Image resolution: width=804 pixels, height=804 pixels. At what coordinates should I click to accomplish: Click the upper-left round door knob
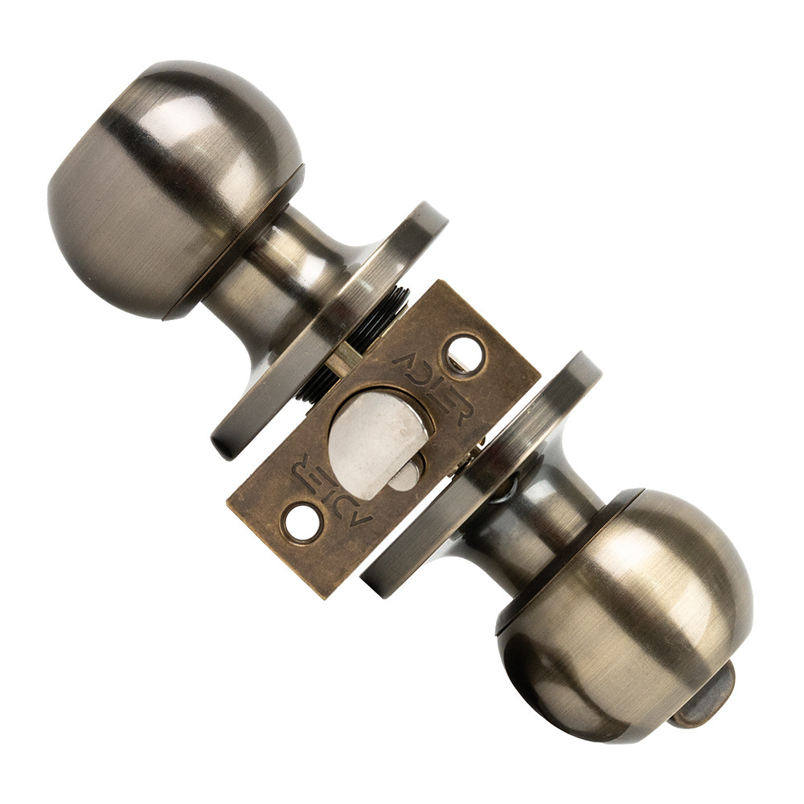click(x=174, y=190)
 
